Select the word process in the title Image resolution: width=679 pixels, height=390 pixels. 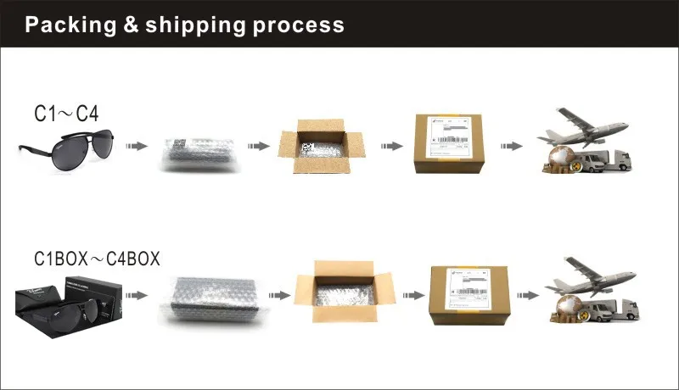coord(297,25)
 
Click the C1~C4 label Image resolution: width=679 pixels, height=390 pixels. coord(67,114)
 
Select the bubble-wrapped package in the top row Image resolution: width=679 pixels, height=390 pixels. coord(194,150)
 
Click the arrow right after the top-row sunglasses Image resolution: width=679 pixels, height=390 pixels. coord(135,147)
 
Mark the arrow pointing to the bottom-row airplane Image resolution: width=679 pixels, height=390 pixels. coord(528,295)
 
